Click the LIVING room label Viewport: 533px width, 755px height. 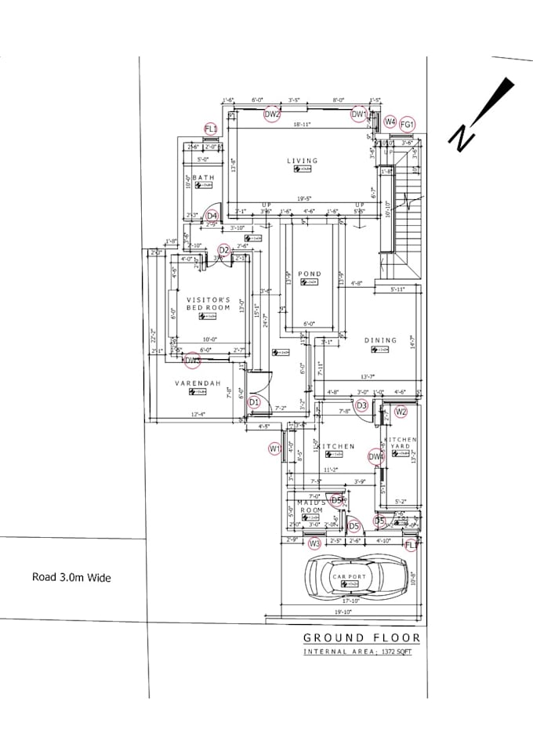[x=303, y=161]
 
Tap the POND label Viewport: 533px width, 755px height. [x=310, y=274]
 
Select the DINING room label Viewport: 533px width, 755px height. [x=380, y=340]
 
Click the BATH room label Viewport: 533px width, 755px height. [x=203, y=178]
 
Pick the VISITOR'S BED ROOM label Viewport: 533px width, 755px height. [x=208, y=304]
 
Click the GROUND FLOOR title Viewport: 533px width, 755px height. [x=361, y=638]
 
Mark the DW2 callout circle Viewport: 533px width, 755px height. [x=272, y=114]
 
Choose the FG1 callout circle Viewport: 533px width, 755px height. [x=407, y=124]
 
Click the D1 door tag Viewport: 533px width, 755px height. [x=253, y=402]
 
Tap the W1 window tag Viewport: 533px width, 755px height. [x=275, y=448]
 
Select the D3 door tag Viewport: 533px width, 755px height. [x=361, y=405]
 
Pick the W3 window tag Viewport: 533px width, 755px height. [x=314, y=543]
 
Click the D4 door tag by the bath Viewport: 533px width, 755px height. [x=212, y=216]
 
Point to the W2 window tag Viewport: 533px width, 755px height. [x=401, y=411]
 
